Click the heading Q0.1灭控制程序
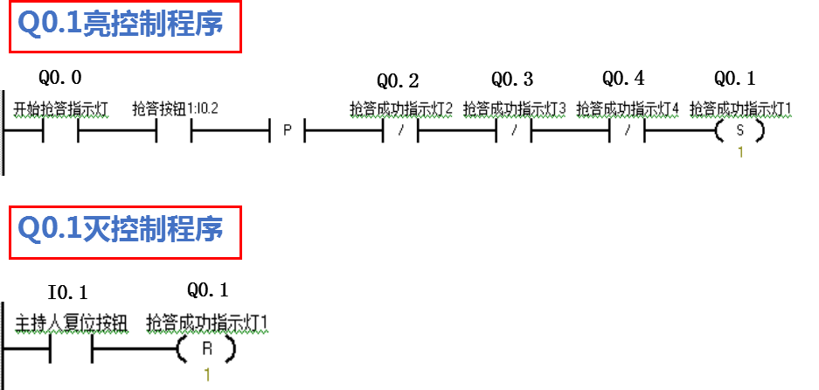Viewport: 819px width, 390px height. tap(121, 230)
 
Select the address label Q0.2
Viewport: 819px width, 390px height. tap(399, 82)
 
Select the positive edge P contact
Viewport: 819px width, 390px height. tap(286, 131)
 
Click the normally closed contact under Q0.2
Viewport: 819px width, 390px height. tap(401, 131)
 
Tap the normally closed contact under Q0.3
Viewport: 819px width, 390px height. tap(514, 131)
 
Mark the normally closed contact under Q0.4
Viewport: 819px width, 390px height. tap(627, 131)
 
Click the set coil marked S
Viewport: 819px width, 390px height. tap(739, 131)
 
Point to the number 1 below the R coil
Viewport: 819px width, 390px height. tap(207, 374)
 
